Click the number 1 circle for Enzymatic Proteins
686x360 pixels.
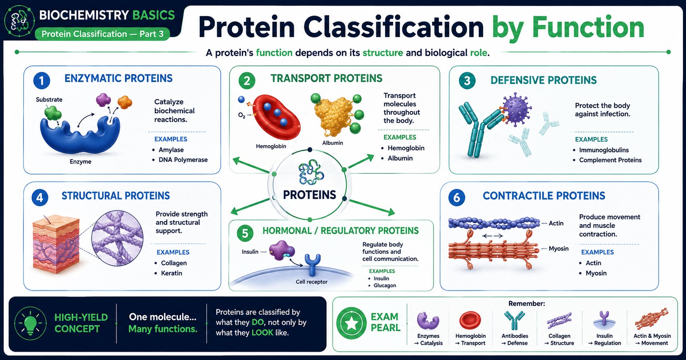42,80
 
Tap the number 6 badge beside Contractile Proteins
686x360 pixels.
457,198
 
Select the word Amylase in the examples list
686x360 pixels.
171,150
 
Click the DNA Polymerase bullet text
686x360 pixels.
183,160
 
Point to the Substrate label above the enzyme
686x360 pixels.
49,99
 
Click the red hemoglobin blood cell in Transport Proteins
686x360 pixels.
276,117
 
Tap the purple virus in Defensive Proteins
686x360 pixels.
516,110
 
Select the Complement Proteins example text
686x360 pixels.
610,160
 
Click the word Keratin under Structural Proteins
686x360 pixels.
172,273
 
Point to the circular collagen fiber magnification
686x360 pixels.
118,238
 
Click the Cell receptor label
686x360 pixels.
311,282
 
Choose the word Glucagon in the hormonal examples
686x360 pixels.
385,285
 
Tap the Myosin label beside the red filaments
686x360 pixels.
558,248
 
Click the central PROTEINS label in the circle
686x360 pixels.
310,195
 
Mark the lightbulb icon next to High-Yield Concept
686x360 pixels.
31,323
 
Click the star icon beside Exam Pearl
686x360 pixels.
352,323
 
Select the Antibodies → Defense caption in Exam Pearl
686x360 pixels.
514,339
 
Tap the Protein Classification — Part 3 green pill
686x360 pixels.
102,34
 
